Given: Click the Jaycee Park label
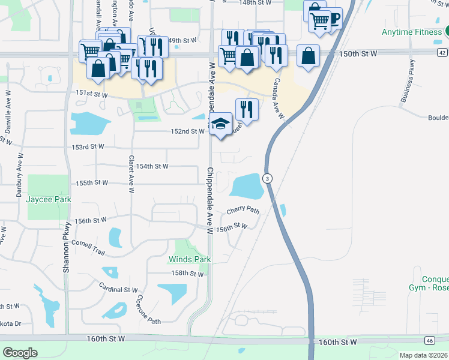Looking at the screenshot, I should [x=49, y=199].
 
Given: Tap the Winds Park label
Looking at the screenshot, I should [x=189, y=259].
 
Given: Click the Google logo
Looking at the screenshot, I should [x=20, y=352].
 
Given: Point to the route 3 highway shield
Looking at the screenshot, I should [x=268, y=178].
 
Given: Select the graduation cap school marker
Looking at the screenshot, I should [x=221, y=124].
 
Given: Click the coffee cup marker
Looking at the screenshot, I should [x=332, y=19].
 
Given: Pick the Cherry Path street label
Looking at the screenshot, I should [x=243, y=211].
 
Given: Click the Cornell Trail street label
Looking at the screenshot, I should [x=88, y=246].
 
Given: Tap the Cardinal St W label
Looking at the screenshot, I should [x=119, y=290].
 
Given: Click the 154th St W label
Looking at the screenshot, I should [x=152, y=166].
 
